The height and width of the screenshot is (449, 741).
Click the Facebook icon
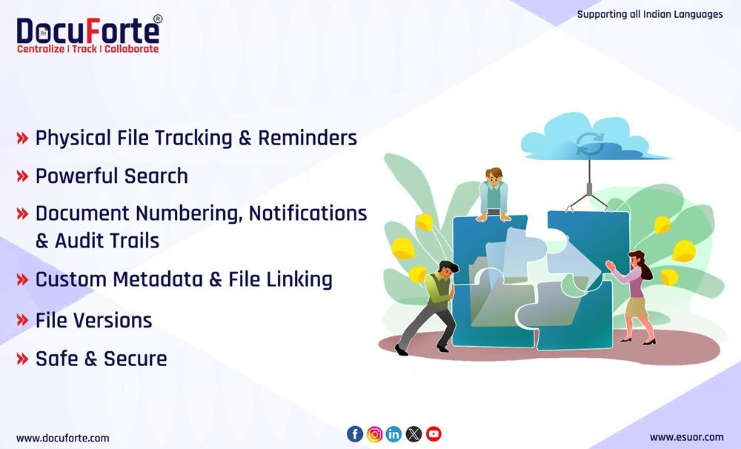click(x=355, y=434)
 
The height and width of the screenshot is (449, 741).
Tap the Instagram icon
click(x=375, y=434)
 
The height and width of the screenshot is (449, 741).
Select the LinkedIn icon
click(x=394, y=434)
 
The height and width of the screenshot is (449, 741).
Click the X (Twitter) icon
click(x=413, y=434)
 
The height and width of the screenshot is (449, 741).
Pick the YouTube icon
click(x=433, y=434)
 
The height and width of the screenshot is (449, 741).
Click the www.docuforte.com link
click(x=62, y=438)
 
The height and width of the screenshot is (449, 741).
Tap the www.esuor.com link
click(x=686, y=437)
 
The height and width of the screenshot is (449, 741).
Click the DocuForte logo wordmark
click(x=87, y=31)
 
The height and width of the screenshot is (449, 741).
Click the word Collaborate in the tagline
click(x=131, y=49)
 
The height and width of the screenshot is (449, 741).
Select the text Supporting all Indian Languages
click(x=649, y=14)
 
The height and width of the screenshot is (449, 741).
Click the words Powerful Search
click(x=112, y=176)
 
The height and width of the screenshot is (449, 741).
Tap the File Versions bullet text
click(x=93, y=320)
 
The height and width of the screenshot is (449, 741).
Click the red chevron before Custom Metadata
click(x=22, y=279)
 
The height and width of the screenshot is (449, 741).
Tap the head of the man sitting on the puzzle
click(x=493, y=176)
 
